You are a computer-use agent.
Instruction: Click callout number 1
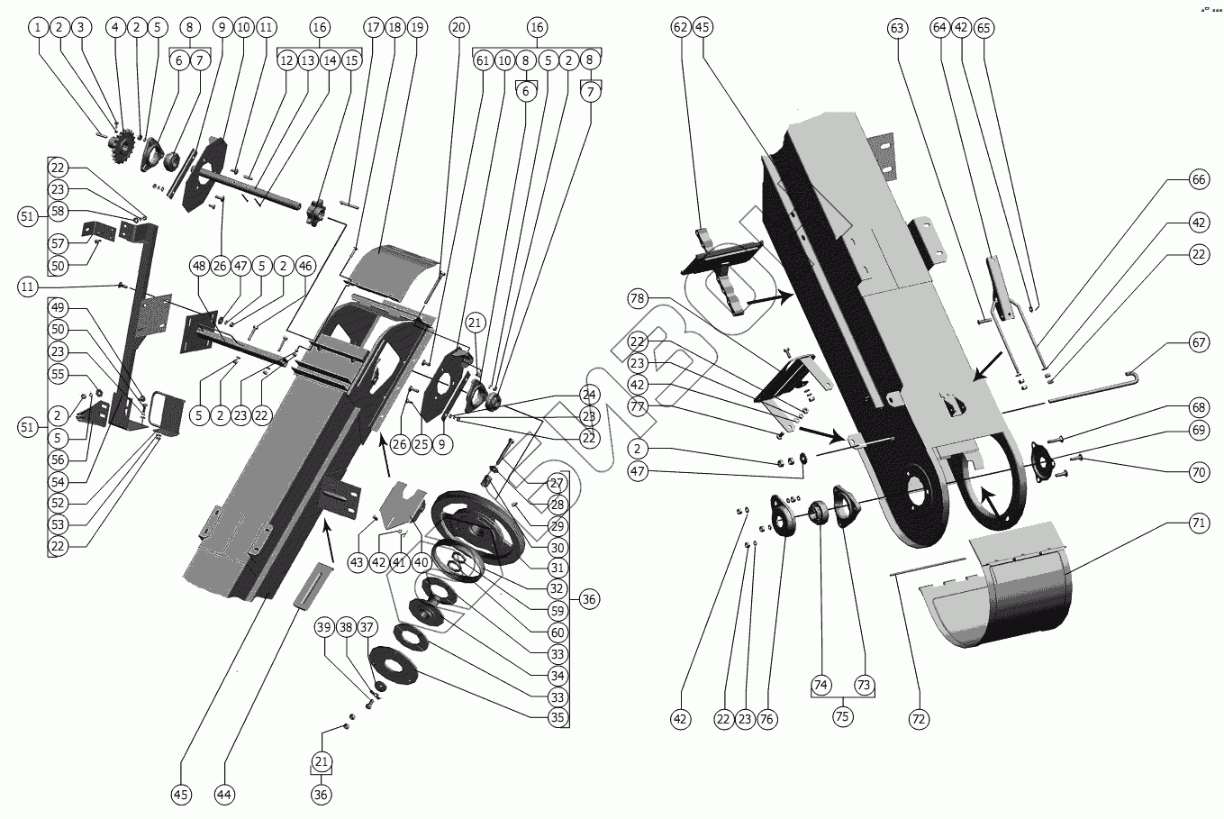coord(38,27)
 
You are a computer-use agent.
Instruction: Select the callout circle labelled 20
coord(458,27)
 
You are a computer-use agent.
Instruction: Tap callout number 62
coord(680,27)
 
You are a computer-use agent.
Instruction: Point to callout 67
coord(1199,342)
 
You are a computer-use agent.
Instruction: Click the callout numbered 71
coord(1199,522)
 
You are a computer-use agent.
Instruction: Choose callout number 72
coord(919,719)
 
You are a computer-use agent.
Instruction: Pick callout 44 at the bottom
coord(225,794)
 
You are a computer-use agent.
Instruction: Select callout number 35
coord(558,718)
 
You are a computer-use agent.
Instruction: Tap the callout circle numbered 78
coord(638,298)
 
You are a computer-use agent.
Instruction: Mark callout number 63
coord(896,27)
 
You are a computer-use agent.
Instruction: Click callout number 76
coord(767,719)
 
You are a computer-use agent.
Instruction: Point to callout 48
coord(199,266)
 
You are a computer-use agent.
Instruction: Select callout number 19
coord(416,27)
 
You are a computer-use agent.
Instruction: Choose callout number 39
coord(323,626)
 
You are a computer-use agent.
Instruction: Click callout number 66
coord(1199,180)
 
